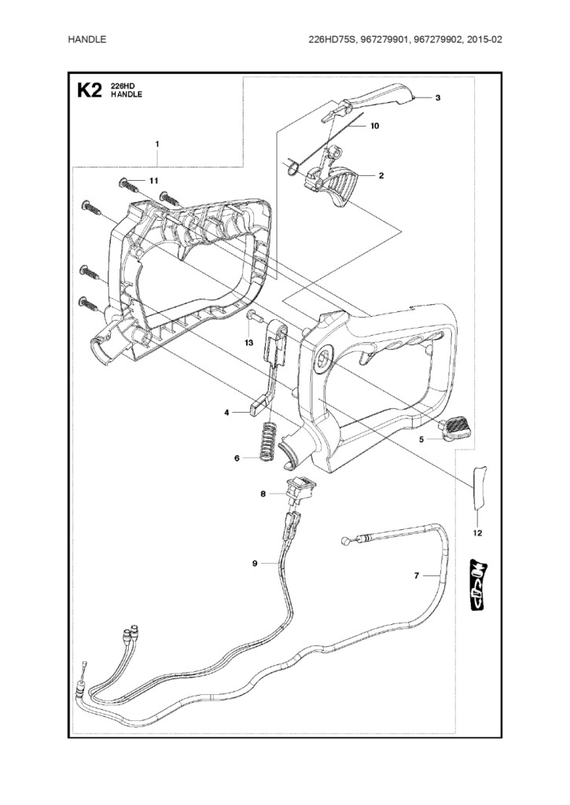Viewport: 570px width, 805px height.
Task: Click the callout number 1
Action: coord(157,144)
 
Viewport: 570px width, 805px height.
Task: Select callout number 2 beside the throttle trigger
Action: coord(381,175)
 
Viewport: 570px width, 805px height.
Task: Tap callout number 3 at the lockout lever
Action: coord(437,97)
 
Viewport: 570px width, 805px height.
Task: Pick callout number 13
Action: coord(248,343)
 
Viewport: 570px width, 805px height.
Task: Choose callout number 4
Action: coord(226,411)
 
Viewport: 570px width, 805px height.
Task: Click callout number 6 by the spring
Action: coord(237,458)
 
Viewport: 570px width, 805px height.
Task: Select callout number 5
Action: coord(421,439)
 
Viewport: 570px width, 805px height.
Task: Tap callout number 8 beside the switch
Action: coord(263,494)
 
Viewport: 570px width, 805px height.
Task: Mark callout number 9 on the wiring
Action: coord(255,563)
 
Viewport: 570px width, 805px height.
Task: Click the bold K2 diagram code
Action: coord(90,91)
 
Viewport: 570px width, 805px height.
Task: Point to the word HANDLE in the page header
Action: coord(87,39)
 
